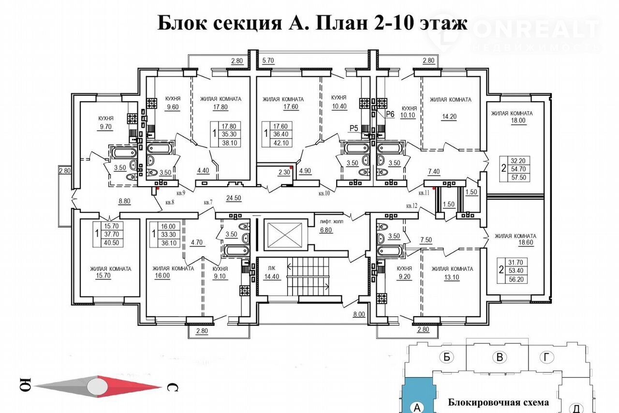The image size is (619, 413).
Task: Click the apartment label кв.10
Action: [324, 193]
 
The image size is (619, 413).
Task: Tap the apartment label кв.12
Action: [413, 206]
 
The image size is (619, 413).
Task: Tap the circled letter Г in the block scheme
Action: [547, 357]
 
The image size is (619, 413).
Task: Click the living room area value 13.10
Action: [452, 278]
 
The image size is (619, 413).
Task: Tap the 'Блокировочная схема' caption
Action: [498, 402]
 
